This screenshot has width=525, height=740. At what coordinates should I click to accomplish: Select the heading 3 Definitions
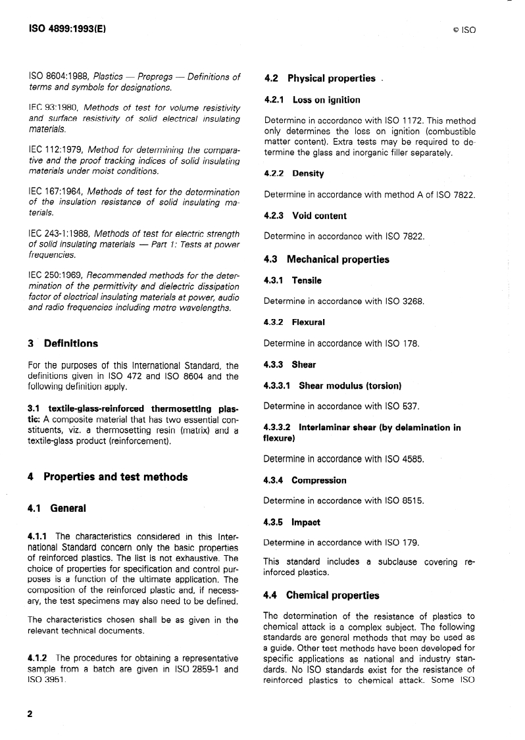pyautogui.click(x=63, y=343)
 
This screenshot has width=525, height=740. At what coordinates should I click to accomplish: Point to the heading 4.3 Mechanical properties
pyautogui.click(x=326, y=259)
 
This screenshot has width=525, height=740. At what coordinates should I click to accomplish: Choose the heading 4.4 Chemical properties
pyautogui.click(x=321, y=595)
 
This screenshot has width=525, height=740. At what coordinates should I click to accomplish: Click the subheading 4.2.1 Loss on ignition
pyautogui.click(x=312, y=100)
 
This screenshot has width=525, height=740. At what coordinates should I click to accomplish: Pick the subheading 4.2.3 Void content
pyautogui.click(x=305, y=216)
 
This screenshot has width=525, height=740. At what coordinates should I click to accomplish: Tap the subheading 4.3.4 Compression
pyautogui.click(x=305, y=480)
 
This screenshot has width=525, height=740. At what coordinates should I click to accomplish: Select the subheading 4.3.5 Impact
pyautogui.click(x=291, y=522)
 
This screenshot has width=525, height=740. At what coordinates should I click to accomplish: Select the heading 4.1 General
pyautogui.click(x=57, y=508)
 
